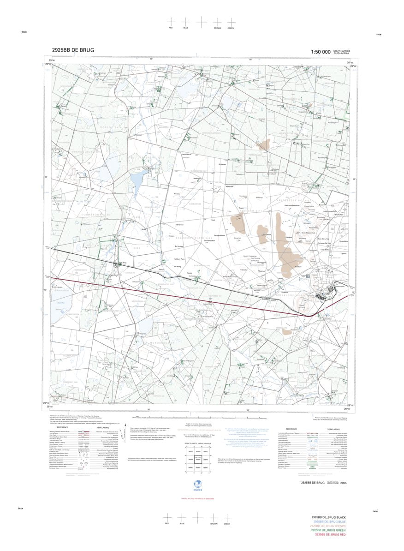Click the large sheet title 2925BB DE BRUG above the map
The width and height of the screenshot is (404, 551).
click(x=73, y=50)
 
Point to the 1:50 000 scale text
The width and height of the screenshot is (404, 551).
click(x=321, y=52)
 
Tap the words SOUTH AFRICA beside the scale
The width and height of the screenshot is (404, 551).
click(x=342, y=51)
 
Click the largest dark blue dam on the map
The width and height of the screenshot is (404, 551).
click(x=137, y=181)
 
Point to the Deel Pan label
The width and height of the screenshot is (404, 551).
click(x=59, y=302)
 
